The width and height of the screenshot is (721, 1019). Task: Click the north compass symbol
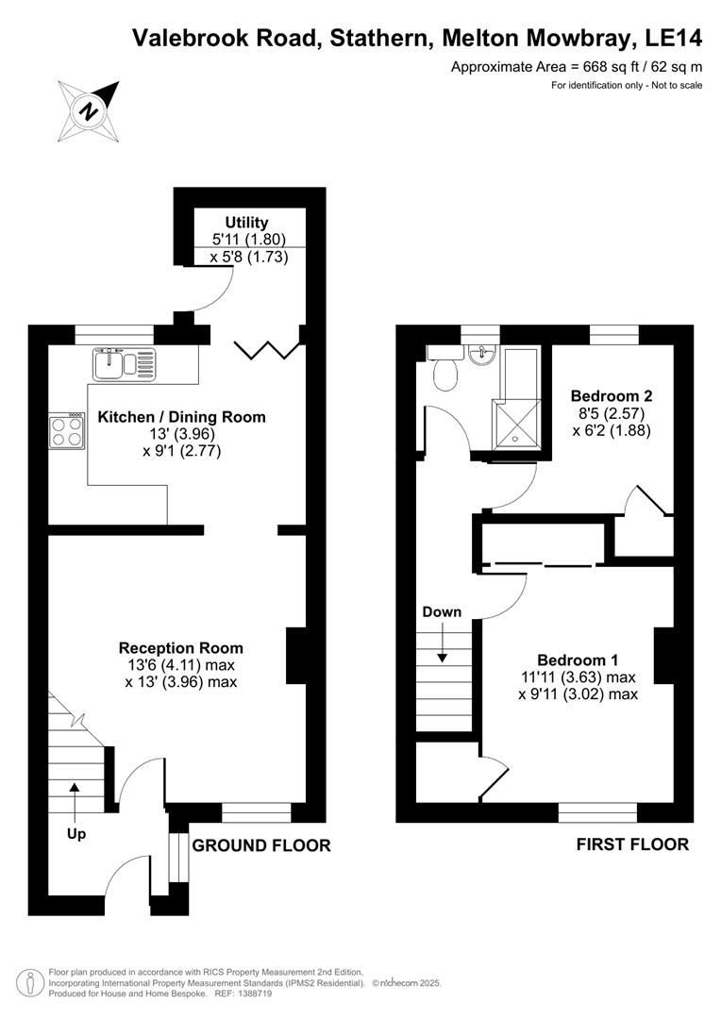click(x=89, y=109)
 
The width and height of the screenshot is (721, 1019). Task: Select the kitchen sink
click(x=122, y=363)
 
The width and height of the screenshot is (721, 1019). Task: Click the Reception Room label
click(x=180, y=648)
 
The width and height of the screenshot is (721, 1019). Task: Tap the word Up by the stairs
click(x=75, y=834)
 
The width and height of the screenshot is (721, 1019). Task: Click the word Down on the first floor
click(x=442, y=612)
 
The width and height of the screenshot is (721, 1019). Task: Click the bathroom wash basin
click(x=482, y=357)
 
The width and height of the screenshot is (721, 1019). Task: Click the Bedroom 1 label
click(x=578, y=660)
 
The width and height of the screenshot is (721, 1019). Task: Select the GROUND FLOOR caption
click(x=261, y=845)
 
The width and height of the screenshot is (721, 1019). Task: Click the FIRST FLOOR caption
click(x=632, y=844)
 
